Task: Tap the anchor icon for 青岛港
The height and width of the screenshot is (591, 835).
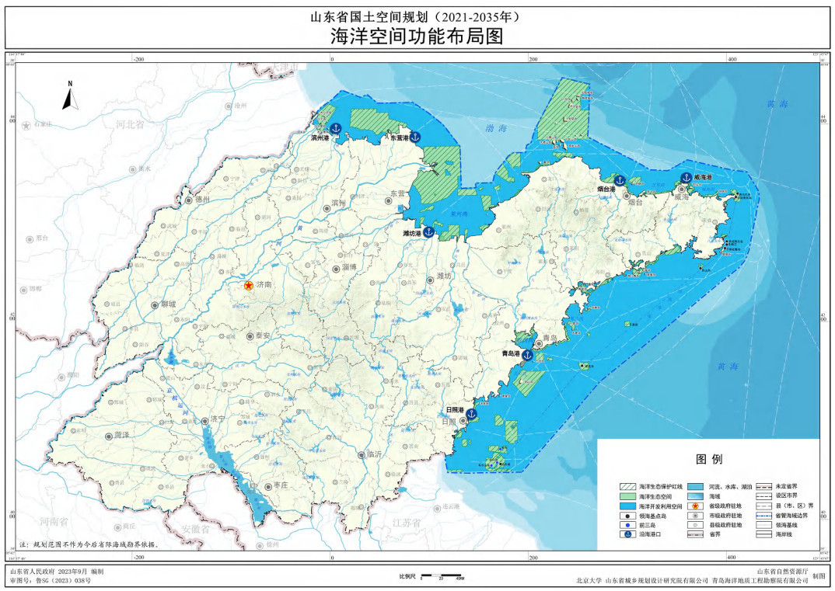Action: [x=527, y=354]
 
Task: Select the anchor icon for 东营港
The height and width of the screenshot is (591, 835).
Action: [x=414, y=137]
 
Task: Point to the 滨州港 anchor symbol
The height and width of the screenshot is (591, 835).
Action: [x=336, y=128]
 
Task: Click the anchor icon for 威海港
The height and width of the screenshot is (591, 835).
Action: [x=687, y=176]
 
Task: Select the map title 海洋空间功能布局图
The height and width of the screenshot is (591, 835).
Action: [x=417, y=36]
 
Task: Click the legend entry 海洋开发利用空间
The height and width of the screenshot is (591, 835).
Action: [x=659, y=505]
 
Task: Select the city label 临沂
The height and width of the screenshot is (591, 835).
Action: [x=374, y=454]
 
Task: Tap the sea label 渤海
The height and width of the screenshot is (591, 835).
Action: [x=495, y=127]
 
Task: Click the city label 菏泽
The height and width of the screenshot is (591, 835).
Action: [x=122, y=436]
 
